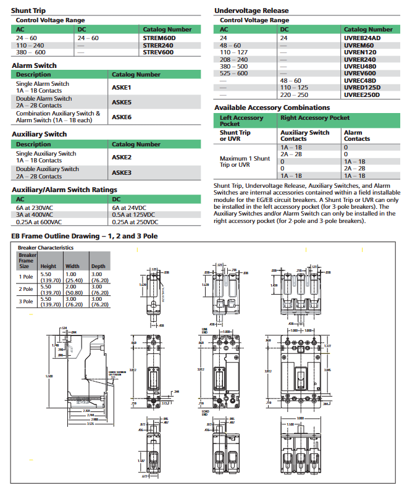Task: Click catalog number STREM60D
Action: (x=159, y=38)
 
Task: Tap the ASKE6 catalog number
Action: (x=122, y=117)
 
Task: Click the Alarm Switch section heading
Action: (x=34, y=65)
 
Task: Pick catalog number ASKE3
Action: (x=122, y=172)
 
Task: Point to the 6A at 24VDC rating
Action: (x=130, y=208)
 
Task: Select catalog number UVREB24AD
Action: (x=362, y=38)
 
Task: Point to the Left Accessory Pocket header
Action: (x=241, y=120)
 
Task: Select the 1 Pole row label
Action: (x=27, y=277)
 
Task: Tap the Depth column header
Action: (x=99, y=266)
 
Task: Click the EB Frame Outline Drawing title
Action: (x=85, y=236)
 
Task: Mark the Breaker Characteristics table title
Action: (x=46, y=247)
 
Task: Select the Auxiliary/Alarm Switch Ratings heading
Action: (x=64, y=190)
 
